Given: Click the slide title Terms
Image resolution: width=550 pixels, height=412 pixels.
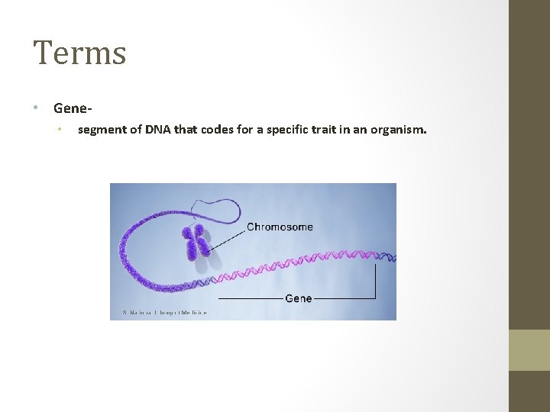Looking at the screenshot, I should click(x=79, y=53).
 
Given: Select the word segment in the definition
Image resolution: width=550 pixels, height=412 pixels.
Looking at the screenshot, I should click(x=102, y=130).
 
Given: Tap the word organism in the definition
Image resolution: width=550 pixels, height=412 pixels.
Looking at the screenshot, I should click(x=398, y=130).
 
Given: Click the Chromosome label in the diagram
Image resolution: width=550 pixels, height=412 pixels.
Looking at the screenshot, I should click(x=280, y=227).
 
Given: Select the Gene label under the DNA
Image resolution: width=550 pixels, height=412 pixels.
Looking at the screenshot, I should click(x=298, y=298).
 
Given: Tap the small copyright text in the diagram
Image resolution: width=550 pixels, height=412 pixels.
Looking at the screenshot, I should click(x=164, y=312).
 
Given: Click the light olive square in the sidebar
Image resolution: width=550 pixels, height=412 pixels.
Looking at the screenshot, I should click(x=529, y=350).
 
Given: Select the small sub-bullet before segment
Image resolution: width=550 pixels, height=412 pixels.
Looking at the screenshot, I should click(x=58, y=130).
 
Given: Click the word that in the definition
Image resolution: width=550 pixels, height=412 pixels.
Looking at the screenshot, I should click(x=185, y=130).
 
